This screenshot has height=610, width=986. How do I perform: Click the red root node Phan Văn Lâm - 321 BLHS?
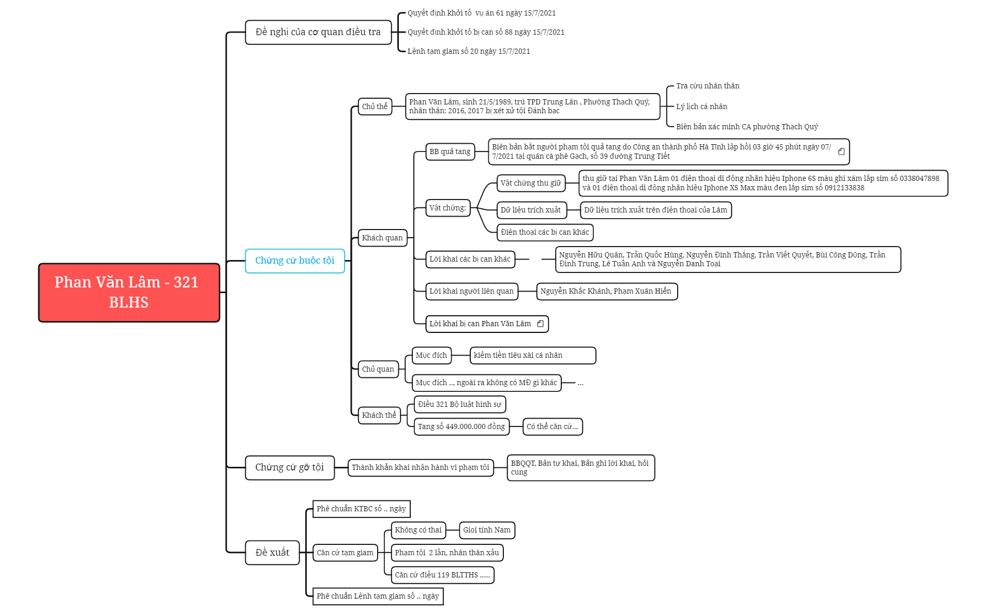(129, 293)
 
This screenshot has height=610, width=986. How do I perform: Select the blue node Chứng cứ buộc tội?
(295, 261)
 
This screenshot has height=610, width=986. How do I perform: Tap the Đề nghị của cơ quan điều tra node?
(318, 32)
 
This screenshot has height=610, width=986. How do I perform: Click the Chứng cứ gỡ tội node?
(290, 467)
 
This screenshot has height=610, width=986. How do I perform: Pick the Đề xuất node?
(272, 552)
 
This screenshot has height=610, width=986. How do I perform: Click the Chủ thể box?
(375, 106)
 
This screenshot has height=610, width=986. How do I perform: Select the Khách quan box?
(382, 238)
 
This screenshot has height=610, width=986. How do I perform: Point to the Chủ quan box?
(378, 369)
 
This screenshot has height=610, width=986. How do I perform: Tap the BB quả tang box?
(450, 151)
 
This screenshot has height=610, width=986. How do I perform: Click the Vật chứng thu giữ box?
(531, 183)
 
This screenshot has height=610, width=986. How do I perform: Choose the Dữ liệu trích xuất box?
(531, 210)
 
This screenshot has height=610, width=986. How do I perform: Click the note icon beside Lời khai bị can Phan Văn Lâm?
(541, 324)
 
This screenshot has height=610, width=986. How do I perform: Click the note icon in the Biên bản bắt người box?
(842, 151)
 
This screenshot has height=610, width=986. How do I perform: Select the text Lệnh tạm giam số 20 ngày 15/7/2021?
(469, 51)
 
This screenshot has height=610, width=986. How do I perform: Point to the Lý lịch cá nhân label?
(701, 106)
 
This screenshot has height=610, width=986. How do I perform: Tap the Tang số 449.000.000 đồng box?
(461, 426)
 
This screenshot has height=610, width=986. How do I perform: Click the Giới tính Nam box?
(487, 530)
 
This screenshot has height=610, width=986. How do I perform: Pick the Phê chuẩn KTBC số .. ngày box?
(361, 509)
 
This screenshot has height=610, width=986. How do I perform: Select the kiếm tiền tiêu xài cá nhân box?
(533, 355)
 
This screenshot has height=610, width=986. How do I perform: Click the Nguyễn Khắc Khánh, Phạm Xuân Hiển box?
(607, 291)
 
